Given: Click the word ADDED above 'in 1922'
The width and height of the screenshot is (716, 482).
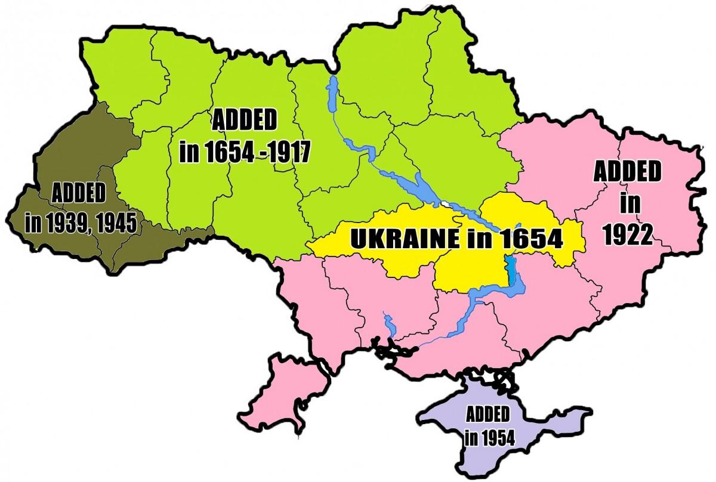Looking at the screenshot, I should (x=626, y=173).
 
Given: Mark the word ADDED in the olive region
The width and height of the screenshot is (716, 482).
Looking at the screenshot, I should (x=79, y=194).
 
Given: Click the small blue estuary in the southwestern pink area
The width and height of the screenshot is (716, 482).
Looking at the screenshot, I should (x=390, y=326).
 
